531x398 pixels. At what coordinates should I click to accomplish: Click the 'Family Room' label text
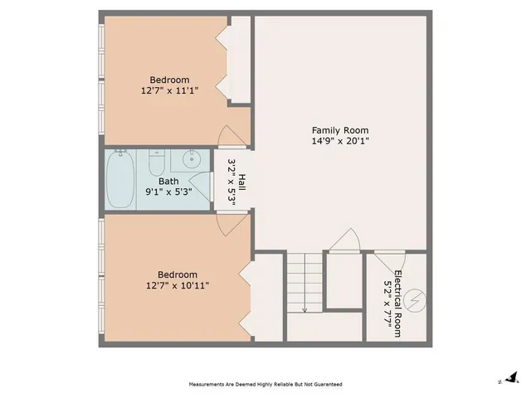(339, 130)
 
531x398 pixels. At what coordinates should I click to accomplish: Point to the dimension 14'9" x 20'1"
(339, 141)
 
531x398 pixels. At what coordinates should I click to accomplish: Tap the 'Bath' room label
(168, 181)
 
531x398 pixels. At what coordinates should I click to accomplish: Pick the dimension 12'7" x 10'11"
(177, 286)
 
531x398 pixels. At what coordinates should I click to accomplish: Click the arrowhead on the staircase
(304, 310)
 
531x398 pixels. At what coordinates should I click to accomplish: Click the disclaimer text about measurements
(265, 385)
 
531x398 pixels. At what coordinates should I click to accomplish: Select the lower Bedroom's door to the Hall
(227, 220)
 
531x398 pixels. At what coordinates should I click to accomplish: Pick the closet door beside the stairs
(343, 240)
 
